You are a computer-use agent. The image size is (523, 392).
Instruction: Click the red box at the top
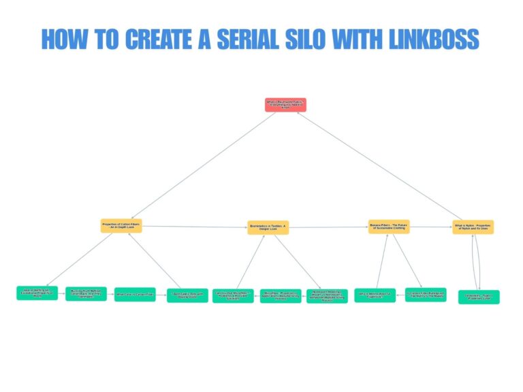click(x=285, y=105)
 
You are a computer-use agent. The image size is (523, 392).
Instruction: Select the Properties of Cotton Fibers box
click(x=121, y=226)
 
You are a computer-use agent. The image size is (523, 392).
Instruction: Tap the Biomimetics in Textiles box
click(x=268, y=227)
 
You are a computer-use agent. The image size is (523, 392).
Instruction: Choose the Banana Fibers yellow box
click(x=389, y=226)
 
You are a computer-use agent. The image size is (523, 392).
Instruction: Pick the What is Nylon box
click(x=473, y=227)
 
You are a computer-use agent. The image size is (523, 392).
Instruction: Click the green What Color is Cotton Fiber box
click(x=135, y=295)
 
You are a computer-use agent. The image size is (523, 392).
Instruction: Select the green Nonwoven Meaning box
click(x=327, y=296)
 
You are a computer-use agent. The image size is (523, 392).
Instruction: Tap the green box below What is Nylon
click(x=478, y=297)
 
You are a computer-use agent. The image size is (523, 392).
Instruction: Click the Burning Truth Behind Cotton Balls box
click(x=86, y=294)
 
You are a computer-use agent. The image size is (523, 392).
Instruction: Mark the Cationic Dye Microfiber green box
click(x=233, y=295)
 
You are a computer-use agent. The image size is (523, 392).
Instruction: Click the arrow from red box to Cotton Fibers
click(x=204, y=163)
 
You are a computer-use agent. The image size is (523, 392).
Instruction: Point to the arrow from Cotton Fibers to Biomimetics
click(x=194, y=226)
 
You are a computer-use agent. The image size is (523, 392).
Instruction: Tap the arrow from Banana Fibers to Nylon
click(x=431, y=227)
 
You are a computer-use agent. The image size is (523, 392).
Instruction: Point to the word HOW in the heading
click(x=61, y=39)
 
